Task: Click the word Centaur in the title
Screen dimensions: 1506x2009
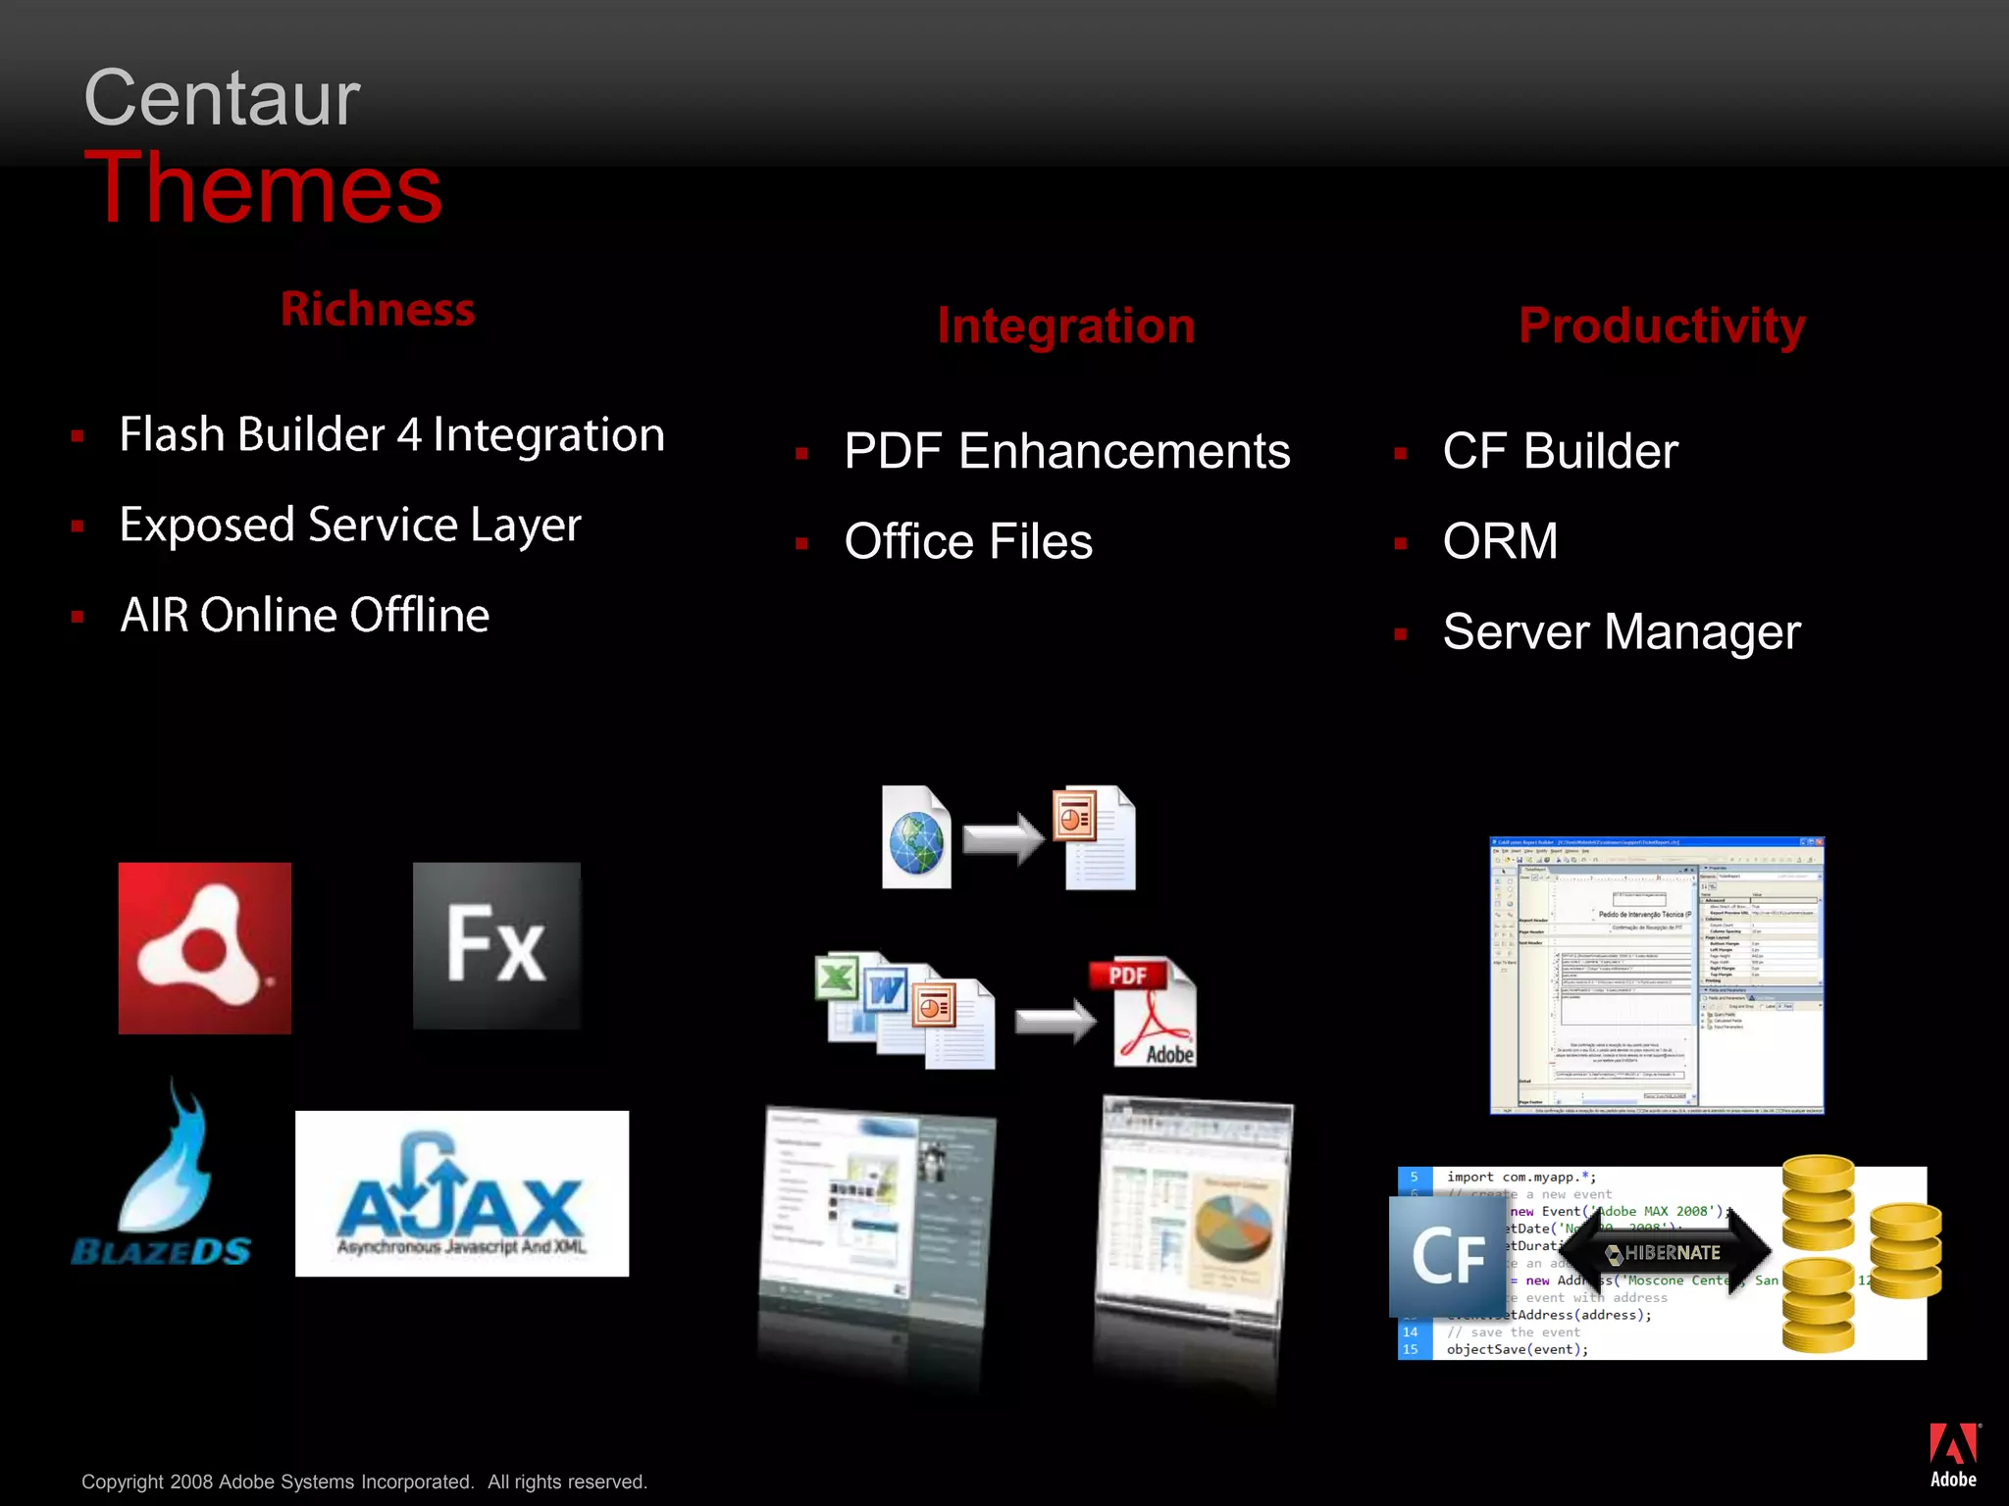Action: click(x=222, y=98)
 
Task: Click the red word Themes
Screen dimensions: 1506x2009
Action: click(x=263, y=188)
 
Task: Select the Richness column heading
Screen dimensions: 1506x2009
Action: click(x=378, y=309)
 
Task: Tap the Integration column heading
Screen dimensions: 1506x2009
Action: click(x=1065, y=326)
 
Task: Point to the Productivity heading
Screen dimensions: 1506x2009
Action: click(x=1662, y=326)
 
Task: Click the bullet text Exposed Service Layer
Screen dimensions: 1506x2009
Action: click(x=350, y=525)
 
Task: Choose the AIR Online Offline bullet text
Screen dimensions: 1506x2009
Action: click(x=304, y=616)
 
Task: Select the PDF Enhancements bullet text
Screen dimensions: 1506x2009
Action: click(x=1066, y=451)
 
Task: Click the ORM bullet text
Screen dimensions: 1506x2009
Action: click(x=1500, y=541)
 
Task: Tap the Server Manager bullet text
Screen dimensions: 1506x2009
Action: click(x=1622, y=631)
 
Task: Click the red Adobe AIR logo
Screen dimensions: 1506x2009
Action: click(x=205, y=948)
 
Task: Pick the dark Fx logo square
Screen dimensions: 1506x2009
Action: click(x=496, y=945)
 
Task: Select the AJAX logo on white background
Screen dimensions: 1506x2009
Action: click(x=462, y=1193)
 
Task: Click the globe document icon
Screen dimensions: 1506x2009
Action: click(x=916, y=838)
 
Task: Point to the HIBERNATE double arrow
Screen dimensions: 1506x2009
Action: click(x=1665, y=1252)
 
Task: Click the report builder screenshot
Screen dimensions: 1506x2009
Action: click(x=1656, y=976)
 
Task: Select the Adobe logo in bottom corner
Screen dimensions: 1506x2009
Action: click(x=1953, y=1455)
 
